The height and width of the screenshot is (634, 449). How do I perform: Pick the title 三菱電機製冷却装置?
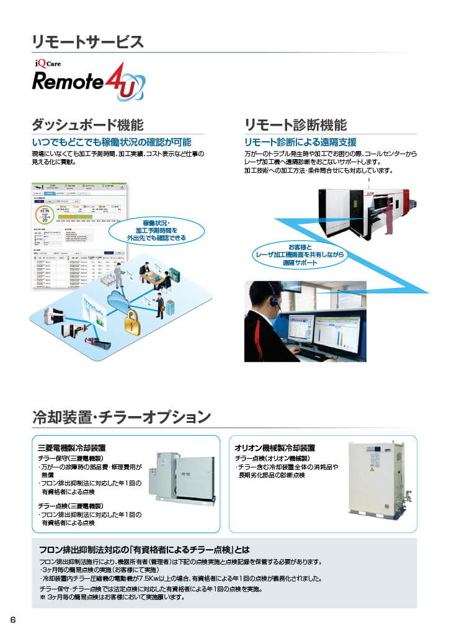71,448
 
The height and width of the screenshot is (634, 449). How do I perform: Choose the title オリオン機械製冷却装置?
275,448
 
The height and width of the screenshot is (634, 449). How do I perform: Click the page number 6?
12,620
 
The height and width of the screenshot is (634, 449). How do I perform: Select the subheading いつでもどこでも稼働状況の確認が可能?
112,142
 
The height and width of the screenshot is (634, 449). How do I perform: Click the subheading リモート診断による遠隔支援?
300,142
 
